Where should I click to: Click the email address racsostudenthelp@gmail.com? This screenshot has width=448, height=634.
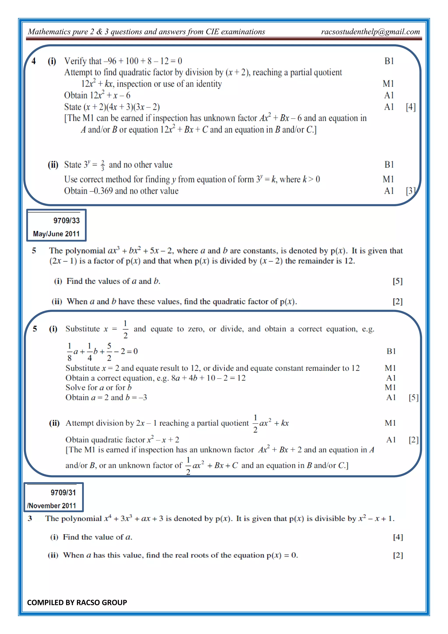[370, 32]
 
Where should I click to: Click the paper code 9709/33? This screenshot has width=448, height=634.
[66, 221]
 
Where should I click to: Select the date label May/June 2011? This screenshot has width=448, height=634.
[56, 234]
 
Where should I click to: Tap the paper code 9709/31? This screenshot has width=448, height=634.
[63, 493]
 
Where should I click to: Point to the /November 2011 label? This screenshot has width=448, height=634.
[52, 505]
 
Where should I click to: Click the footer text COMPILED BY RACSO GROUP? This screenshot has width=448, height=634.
[77, 602]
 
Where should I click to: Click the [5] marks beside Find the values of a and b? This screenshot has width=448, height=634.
[397, 281]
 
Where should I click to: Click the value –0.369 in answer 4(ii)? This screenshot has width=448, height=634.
[101, 191]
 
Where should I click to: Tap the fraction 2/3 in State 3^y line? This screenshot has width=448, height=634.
[103, 165]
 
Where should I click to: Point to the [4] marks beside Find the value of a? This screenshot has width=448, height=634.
[398, 537]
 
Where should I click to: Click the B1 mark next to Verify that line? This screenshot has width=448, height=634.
[389, 61]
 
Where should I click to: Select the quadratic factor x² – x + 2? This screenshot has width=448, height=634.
[163, 440]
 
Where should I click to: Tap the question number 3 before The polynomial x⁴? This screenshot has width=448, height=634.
[30, 518]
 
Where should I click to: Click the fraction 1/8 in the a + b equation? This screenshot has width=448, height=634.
[70, 352]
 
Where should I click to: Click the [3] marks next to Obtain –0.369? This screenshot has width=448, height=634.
[410, 191]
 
